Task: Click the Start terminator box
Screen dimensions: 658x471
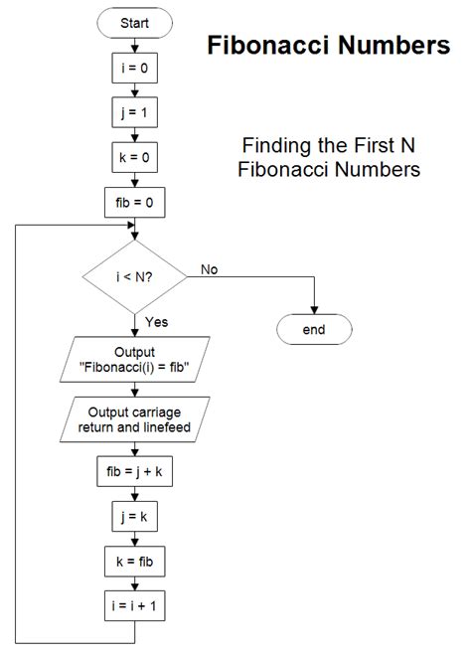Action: coord(134,23)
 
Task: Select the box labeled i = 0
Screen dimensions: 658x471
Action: coord(134,69)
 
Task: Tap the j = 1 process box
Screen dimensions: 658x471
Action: coord(134,113)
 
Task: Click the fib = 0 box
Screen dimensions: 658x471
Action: coord(134,204)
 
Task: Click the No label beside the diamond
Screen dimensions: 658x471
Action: coord(211,269)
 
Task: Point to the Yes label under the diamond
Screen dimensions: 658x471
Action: coord(157,322)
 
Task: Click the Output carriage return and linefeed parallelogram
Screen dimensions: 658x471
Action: coord(134,418)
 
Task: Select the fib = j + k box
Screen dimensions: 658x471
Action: coord(134,474)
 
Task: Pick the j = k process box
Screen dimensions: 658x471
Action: coord(134,518)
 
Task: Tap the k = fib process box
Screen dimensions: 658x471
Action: coord(134,562)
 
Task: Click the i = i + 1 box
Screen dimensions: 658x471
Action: coord(134,606)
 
